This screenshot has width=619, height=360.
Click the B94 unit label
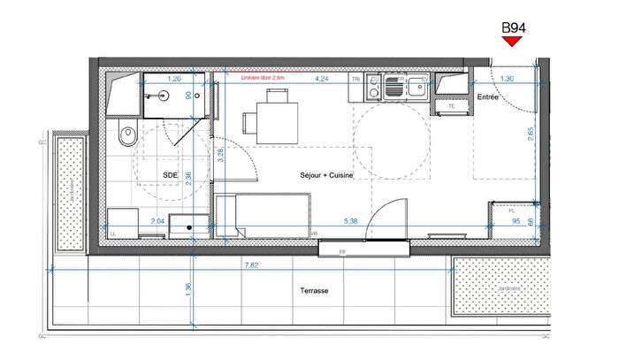(x=514, y=27)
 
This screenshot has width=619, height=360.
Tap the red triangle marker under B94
(x=514, y=41)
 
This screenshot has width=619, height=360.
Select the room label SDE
(x=170, y=176)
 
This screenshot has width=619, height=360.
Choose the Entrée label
(x=488, y=97)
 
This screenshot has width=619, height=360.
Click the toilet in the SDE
(x=126, y=136)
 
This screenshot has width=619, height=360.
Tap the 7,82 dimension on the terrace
(x=251, y=264)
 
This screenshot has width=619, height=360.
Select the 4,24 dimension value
(x=324, y=79)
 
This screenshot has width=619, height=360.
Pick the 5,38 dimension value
(x=350, y=221)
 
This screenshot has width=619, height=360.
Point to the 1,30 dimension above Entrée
(x=507, y=79)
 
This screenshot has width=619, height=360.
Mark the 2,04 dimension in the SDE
(x=158, y=221)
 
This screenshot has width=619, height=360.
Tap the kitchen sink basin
(x=415, y=87)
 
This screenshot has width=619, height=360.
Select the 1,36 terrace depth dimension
(x=187, y=289)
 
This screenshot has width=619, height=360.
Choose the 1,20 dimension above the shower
(x=174, y=79)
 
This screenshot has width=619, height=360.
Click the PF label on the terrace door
(x=343, y=253)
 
